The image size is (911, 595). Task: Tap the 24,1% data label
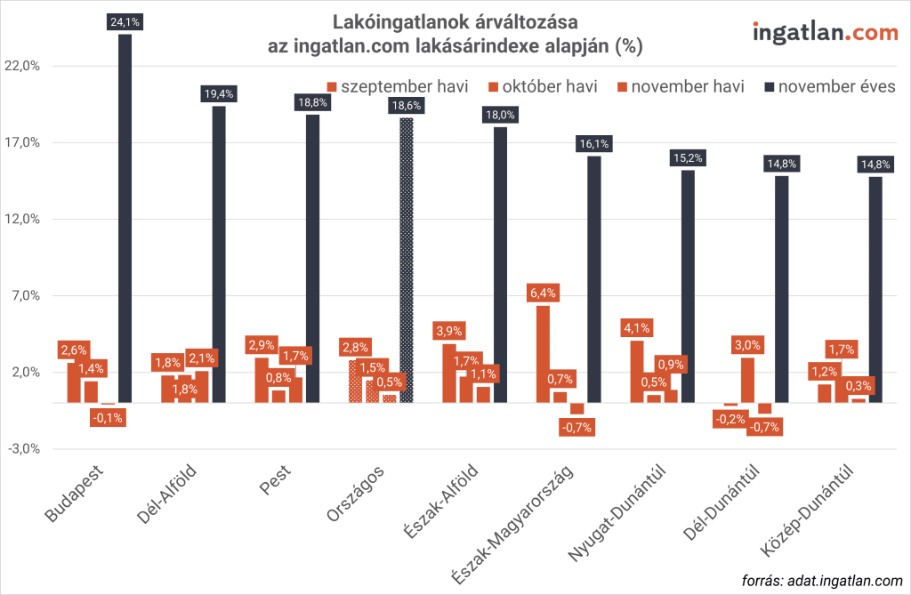125,26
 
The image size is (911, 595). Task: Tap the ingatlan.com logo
825,33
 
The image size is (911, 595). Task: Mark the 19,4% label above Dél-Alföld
218,93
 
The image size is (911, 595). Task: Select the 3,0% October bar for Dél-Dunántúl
748,380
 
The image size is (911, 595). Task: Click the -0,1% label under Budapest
109,417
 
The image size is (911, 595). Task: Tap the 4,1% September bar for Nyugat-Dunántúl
637,371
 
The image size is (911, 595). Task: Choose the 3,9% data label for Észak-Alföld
450,331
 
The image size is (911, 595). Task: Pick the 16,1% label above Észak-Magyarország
593,143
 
